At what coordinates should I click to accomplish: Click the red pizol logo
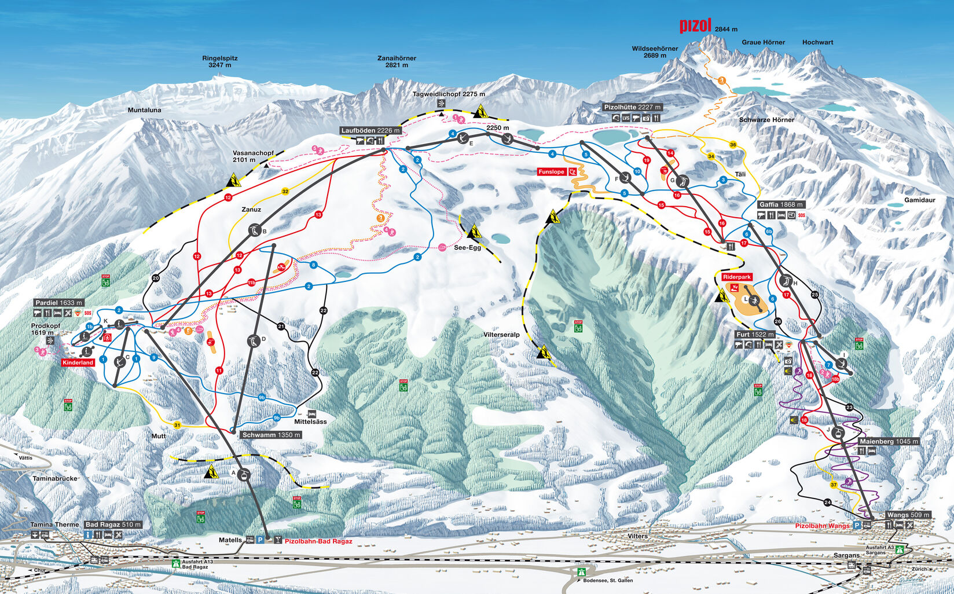[695, 25]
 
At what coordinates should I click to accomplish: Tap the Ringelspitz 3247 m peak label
[219, 61]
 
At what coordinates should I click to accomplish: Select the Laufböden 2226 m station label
[370, 130]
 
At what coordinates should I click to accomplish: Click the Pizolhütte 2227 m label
[632, 107]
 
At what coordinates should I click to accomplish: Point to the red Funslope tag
[551, 172]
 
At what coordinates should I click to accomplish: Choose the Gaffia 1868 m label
[781, 204]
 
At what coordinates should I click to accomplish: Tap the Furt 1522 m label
[755, 335]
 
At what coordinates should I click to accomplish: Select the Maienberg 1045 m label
[888, 441]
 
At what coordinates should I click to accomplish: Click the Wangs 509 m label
[908, 515]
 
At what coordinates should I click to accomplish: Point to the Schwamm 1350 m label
[270, 435]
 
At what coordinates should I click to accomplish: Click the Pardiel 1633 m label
[58, 303]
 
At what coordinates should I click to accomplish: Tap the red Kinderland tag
[78, 362]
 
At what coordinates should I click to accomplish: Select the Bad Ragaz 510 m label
[113, 525]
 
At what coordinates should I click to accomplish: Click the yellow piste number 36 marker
[733, 145]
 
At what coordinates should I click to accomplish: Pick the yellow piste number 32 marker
[285, 192]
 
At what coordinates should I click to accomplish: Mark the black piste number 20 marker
[155, 278]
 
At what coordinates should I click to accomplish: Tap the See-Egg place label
[467, 247]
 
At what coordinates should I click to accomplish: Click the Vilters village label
[637, 536]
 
